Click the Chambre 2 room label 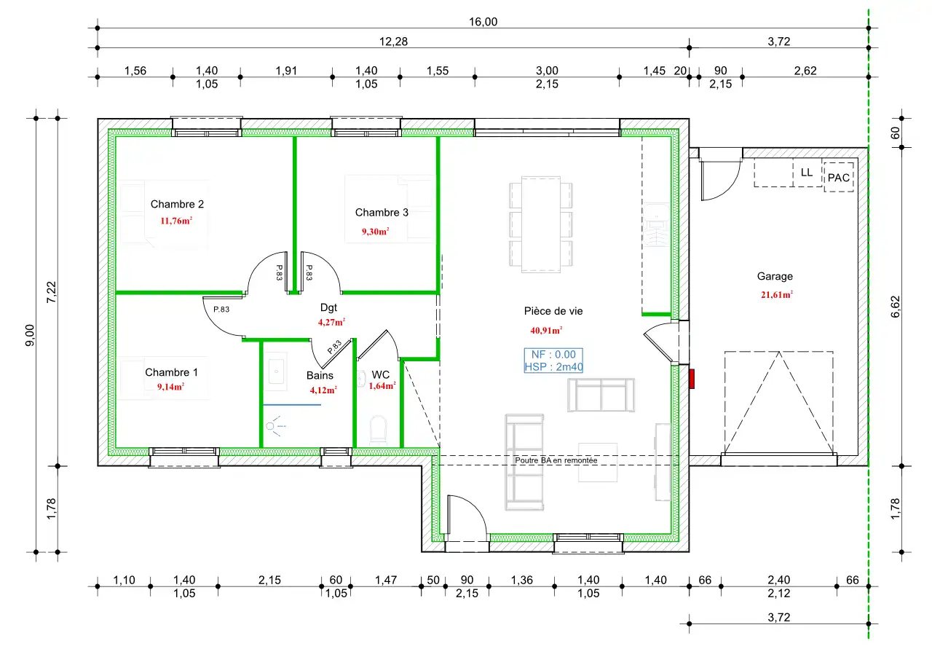tap(177, 204)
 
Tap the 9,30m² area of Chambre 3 tap(375, 232)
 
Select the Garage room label tap(775, 276)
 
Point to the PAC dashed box tap(839, 178)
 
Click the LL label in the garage tap(806, 173)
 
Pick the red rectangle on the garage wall tap(692, 379)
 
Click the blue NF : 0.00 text tap(553, 354)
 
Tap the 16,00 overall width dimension tap(483, 22)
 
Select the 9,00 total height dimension tap(30, 335)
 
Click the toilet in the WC tap(378, 429)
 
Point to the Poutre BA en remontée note tap(556, 460)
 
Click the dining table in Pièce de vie tap(541, 225)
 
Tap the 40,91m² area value tap(546, 331)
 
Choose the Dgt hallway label tap(328, 307)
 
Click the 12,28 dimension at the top tap(393, 42)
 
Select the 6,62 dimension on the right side tap(896, 307)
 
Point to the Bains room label tap(320, 376)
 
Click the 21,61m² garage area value tap(777, 295)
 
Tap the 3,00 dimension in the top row tap(547, 71)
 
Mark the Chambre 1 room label tap(171, 372)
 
